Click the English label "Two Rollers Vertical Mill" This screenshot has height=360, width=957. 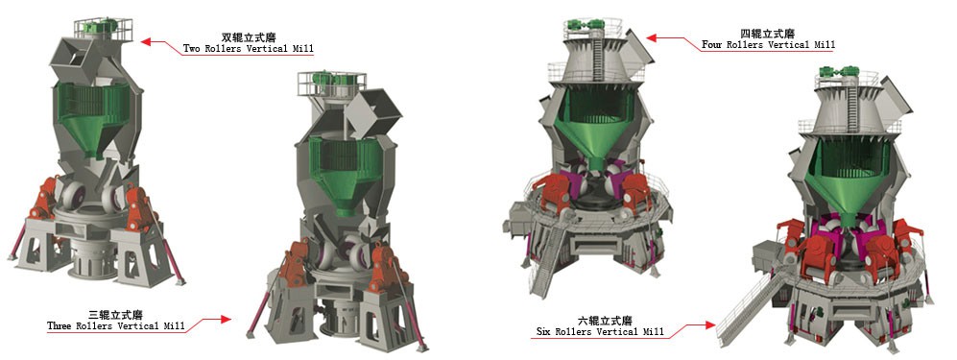click(x=249, y=48)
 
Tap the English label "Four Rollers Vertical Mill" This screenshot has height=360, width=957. click(x=769, y=45)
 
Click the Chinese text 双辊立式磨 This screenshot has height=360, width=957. click(x=248, y=36)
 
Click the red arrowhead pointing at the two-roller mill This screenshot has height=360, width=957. click(x=147, y=41)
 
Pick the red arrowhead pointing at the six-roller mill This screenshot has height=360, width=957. click(x=714, y=325)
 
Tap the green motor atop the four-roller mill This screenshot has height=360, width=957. click(x=583, y=24)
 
